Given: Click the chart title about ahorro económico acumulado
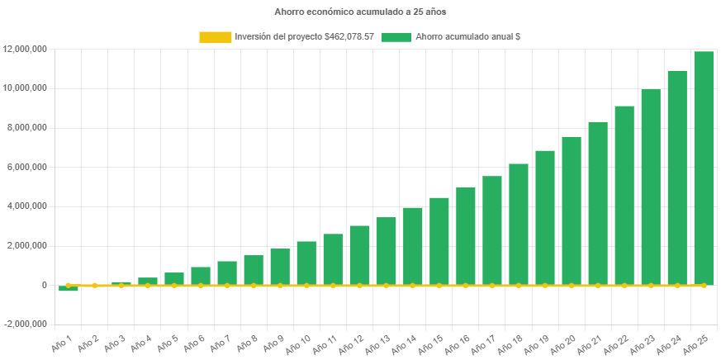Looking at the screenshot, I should [x=360, y=12].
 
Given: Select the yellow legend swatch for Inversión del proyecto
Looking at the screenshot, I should [x=215, y=37].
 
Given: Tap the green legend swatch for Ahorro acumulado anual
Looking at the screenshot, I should [x=396, y=37].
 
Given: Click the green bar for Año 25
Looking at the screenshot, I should [x=704, y=168].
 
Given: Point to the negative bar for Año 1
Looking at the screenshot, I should [x=69, y=288].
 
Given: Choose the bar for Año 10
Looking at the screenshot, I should [x=306, y=263].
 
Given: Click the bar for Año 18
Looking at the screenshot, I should [x=519, y=224].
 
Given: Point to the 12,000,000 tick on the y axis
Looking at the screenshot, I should [x=25, y=49].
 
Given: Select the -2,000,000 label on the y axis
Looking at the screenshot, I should [x=26, y=324].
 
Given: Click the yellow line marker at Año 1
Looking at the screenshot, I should [x=69, y=285].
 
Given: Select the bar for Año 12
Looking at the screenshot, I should [x=359, y=255].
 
